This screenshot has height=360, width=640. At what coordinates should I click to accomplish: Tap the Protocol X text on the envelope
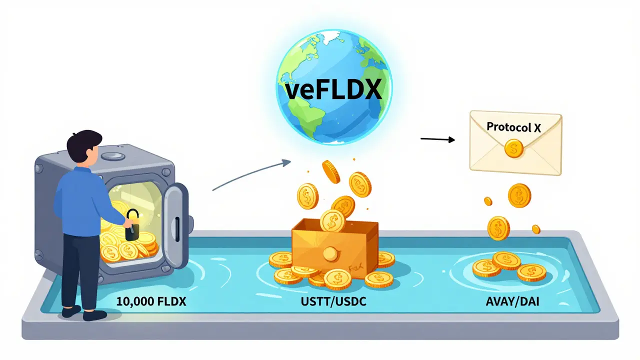(514, 127)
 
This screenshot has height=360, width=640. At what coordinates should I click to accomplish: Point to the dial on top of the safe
(108, 156)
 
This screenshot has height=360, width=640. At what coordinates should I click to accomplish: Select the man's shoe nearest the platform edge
(94, 315)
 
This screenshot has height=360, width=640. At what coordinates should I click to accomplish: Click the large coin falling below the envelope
(519, 195)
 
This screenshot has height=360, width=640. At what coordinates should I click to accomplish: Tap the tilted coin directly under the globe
(330, 171)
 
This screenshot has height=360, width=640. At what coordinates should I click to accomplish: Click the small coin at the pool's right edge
(536, 229)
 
